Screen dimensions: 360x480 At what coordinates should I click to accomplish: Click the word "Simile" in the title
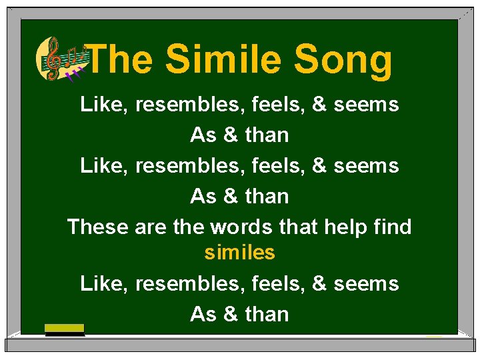[x=224, y=59]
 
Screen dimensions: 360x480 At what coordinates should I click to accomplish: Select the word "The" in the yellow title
[x=120, y=59]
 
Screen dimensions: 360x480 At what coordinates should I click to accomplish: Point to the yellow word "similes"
[x=239, y=253]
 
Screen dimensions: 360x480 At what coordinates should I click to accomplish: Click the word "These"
[x=97, y=227]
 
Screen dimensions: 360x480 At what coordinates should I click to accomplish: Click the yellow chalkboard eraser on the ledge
[x=65, y=329]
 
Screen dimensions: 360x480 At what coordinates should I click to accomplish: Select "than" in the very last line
[x=267, y=313]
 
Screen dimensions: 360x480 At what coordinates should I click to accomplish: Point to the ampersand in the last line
[x=231, y=313]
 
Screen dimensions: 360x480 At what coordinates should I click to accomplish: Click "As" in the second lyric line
[x=203, y=135]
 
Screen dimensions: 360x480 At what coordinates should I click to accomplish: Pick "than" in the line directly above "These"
[x=267, y=196]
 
